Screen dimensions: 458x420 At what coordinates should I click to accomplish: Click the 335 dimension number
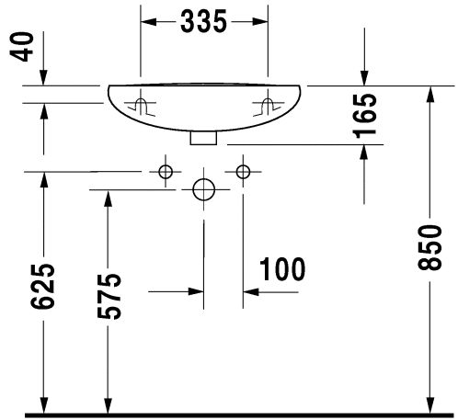click(x=203, y=21)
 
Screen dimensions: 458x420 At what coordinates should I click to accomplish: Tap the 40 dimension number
click(x=21, y=47)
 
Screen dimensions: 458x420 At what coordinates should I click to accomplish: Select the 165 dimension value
click(x=364, y=116)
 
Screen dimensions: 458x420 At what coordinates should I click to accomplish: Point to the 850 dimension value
click(x=429, y=247)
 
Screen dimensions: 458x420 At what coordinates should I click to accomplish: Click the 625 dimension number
click(x=42, y=286)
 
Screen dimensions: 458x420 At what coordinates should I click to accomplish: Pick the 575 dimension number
click(x=109, y=296)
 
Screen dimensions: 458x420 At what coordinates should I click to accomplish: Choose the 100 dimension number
click(x=282, y=269)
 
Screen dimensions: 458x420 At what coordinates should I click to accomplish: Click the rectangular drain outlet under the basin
click(x=203, y=138)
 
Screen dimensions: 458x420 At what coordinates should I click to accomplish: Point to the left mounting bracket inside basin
click(x=141, y=107)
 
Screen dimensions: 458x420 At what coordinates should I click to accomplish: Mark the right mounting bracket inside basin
click(x=268, y=107)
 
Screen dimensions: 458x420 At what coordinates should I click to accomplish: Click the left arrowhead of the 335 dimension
click(x=148, y=22)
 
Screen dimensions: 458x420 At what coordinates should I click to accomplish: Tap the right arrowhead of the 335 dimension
click(x=260, y=22)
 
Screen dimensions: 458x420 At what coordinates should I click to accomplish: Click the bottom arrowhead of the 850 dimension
click(x=430, y=405)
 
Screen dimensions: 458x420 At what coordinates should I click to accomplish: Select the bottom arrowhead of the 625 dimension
click(x=44, y=405)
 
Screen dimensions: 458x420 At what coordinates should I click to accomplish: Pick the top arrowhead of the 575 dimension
click(x=108, y=199)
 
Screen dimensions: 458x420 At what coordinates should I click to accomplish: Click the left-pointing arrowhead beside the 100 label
click(x=251, y=292)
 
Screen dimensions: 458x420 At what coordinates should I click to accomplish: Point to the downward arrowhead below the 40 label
click(x=43, y=77)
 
